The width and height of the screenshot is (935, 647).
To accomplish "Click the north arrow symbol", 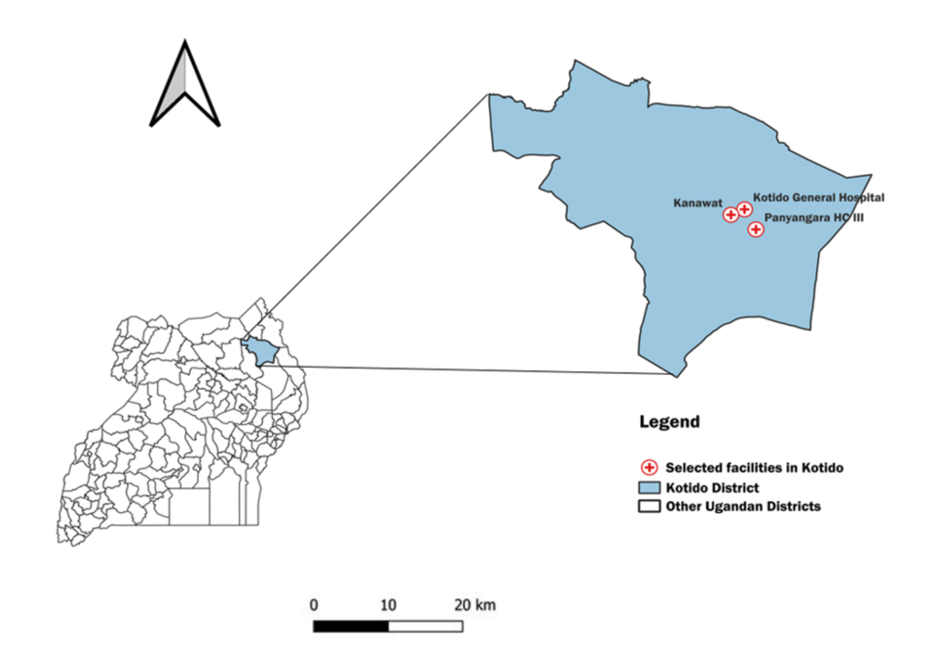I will (x=185, y=87).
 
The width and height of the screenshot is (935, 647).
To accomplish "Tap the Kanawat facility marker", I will (x=730, y=215).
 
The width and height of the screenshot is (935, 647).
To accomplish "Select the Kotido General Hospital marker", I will (x=744, y=209).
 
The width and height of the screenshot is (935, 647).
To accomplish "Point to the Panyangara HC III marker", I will (x=755, y=229).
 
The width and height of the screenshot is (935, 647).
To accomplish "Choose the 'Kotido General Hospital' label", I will (x=819, y=196).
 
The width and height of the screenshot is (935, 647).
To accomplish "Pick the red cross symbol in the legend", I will (x=649, y=467).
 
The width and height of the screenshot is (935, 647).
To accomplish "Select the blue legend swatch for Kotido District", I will (x=649, y=487).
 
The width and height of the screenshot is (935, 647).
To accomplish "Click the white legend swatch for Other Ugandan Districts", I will (x=649, y=506).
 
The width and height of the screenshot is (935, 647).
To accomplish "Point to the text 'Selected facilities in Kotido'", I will (x=754, y=468).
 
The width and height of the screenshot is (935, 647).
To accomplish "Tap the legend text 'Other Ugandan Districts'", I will (x=743, y=506).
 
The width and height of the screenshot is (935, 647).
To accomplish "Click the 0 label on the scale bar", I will (x=314, y=604).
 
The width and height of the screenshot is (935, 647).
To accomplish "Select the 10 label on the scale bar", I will (x=388, y=604).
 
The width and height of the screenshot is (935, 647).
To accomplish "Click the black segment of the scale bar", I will (x=351, y=626).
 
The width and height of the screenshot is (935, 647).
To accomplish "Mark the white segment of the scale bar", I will (x=425, y=626).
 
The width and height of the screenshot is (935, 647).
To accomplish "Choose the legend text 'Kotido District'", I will (x=712, y=487).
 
